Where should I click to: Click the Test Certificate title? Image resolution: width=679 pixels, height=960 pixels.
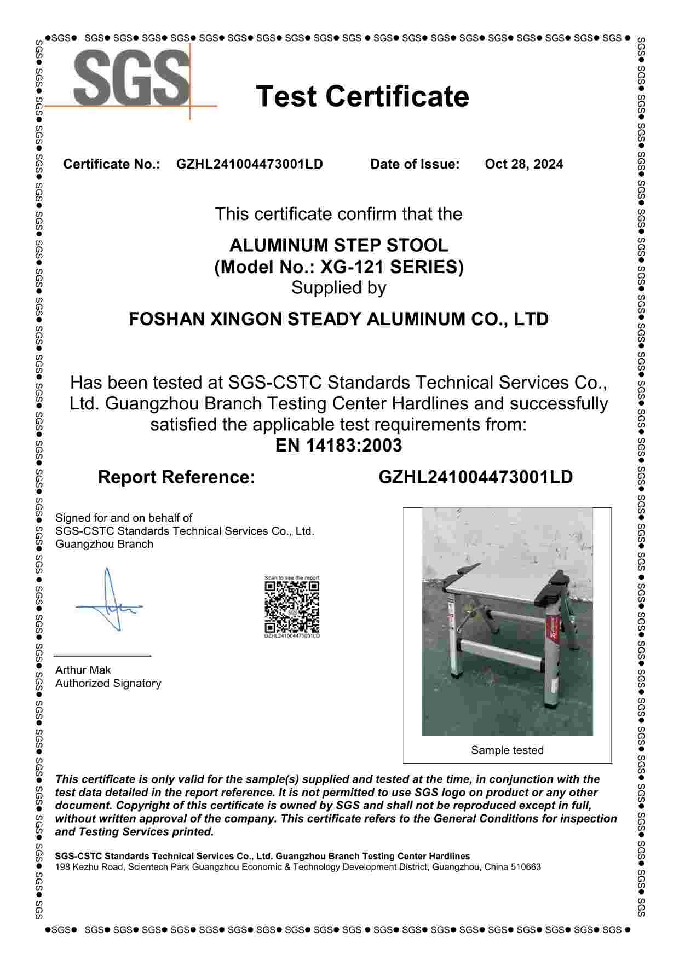[362, 96]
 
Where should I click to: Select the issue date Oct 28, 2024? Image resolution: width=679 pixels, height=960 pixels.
[523, 164]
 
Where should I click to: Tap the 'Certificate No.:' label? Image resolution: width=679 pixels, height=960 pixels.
[111, 164]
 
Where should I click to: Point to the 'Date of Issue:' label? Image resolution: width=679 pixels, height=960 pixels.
[415, 164]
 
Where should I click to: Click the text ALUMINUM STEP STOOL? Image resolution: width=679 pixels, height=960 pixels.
[338, 245]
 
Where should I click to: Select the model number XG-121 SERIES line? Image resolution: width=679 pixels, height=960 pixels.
[338, 267]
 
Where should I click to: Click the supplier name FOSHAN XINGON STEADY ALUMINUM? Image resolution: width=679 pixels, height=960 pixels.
[338, 319]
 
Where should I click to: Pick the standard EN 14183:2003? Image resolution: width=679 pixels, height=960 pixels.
[338, 445]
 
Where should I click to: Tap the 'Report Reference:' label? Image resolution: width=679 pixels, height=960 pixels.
[176, 477]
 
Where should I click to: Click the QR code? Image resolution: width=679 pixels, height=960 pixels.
[292, 606]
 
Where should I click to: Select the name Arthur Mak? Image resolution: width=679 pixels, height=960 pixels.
[83, 670]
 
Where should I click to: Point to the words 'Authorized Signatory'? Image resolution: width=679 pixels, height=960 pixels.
[108, 683]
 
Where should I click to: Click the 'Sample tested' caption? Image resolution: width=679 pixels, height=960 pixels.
[507, 750]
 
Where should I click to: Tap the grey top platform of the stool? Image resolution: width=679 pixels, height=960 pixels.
[504, 586]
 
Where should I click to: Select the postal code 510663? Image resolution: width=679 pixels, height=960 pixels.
[526, 867]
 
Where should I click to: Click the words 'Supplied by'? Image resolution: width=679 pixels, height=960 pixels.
[338, 287]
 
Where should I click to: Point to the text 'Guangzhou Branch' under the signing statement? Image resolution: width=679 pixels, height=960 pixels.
[104, 544]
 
